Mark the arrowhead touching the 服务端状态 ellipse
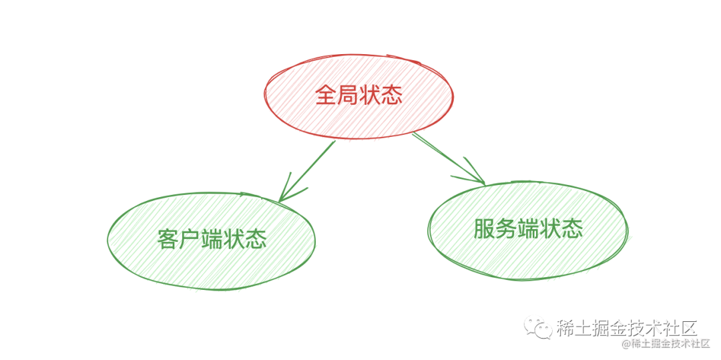[477, 178]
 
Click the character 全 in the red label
[326, 96]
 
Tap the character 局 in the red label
[348, 96]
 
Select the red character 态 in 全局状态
[392, 96]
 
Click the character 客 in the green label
[168, 239]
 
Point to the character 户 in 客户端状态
[190, 239]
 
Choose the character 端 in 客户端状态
[212, 239]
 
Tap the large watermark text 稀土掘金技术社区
[627, 328]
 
